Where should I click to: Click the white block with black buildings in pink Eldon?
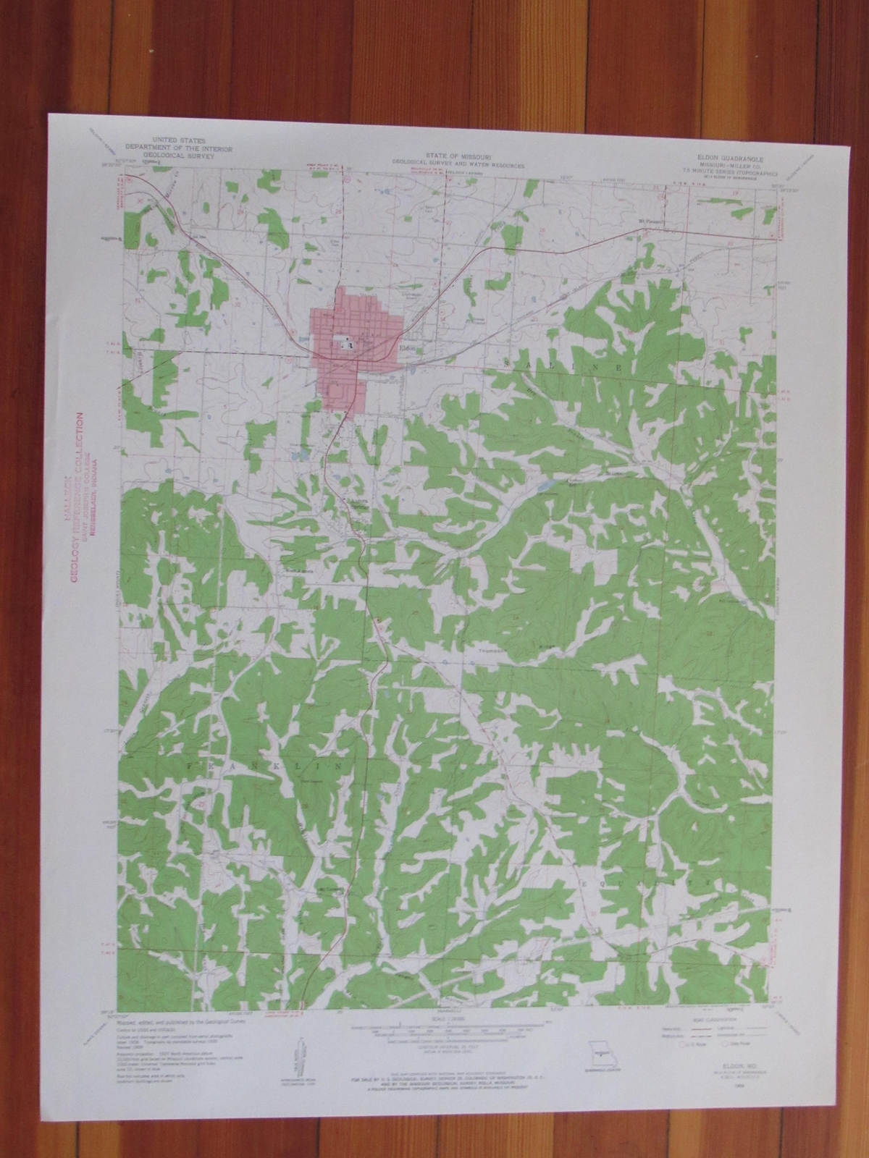click(x=343, y=346)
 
